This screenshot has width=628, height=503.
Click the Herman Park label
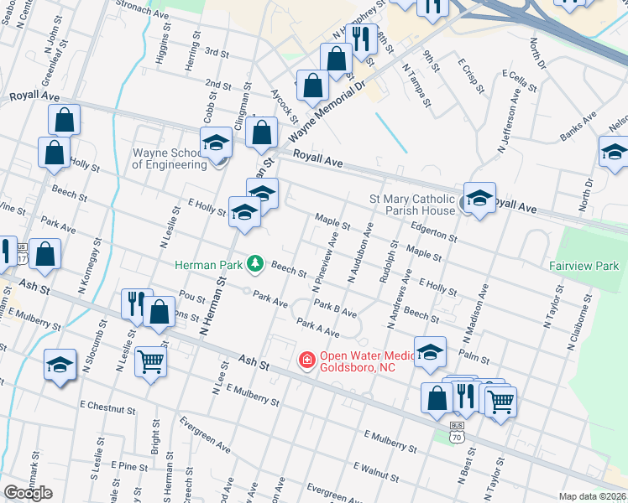[208, 265]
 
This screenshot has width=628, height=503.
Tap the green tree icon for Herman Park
[254, 265]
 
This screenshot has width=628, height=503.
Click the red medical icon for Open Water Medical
[307, 360]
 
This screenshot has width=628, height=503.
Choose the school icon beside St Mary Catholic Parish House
[479, 199]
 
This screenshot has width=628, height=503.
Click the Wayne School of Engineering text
[170, 158]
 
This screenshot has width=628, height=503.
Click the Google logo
[28, 493]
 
